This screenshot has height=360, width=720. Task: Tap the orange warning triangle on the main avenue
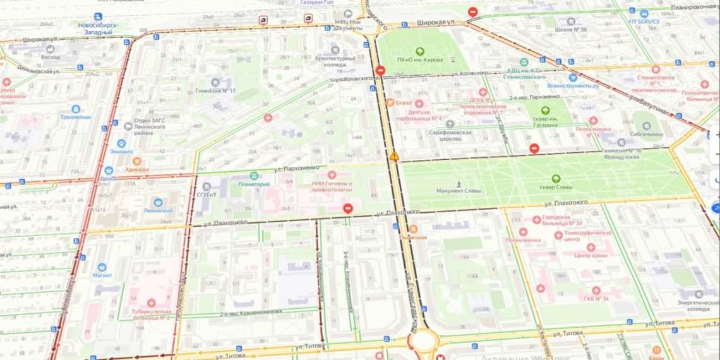(x=394, y=155)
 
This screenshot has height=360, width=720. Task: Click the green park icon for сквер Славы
(x=556, y=179)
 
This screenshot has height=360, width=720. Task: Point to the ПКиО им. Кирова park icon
(x=419, y=51)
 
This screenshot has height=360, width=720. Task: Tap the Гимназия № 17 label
(x=215, y=90)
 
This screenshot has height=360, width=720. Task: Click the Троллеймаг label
(x=76, y=117)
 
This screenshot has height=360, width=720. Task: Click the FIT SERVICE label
(x=644, y=21)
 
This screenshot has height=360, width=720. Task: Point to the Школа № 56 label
(x=571, y=29)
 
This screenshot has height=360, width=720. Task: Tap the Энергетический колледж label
(x=698, y=305)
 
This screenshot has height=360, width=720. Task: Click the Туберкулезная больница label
(x=151, y=313)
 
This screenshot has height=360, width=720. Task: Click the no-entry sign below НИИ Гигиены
(x=347, y=208)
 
